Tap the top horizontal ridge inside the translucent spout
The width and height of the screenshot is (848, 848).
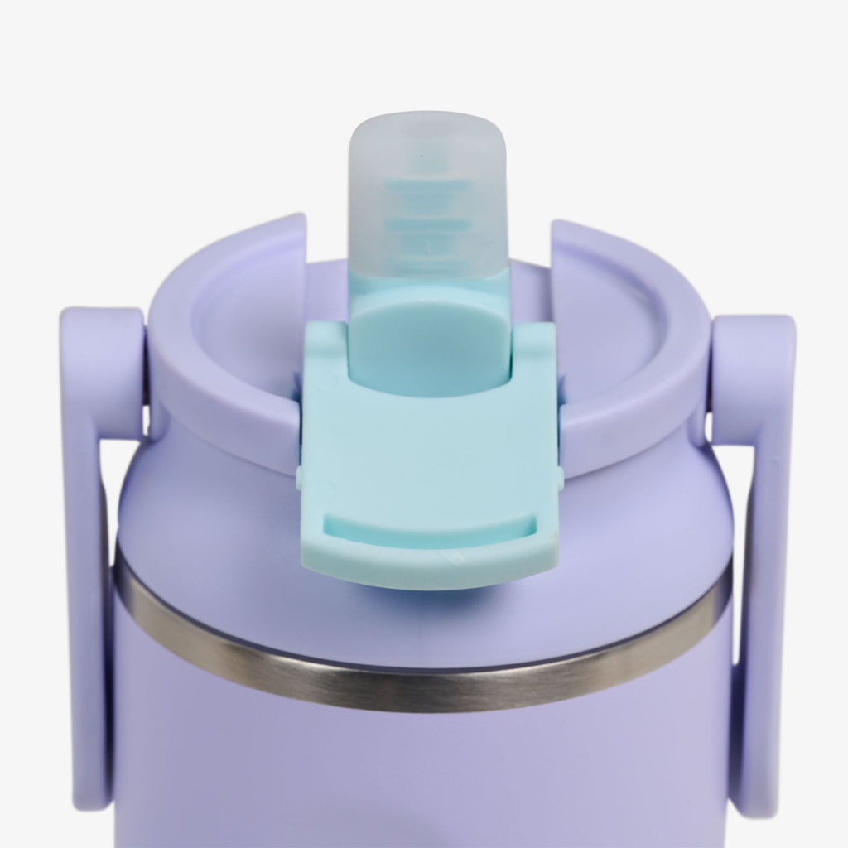tap(426, 189)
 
